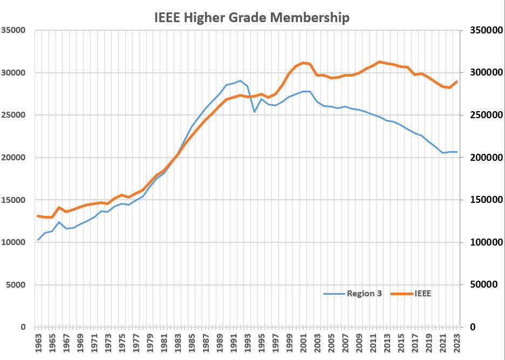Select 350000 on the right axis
coord(482,30)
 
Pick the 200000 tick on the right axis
coord(482,158)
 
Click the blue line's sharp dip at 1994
coord(255,112)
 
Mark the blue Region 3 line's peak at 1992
coord(241,81)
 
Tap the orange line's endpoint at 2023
coord(457,81)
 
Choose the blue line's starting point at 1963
coord(38,240)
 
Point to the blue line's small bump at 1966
coord(59,222)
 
